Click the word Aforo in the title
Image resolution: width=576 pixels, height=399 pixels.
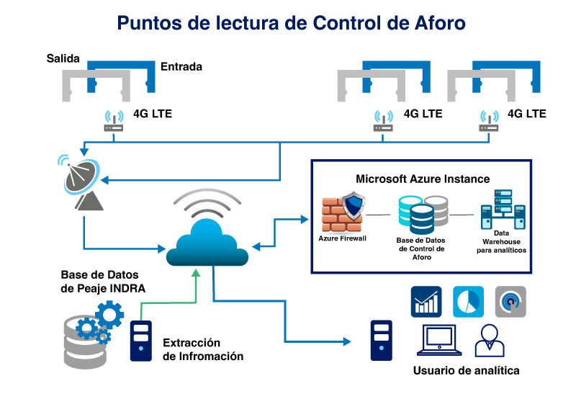[440, 23]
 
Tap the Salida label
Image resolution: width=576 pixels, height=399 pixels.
[63, 58]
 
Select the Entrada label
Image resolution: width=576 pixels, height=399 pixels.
[181, 66]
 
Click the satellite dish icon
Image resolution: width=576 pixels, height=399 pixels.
[80, 182]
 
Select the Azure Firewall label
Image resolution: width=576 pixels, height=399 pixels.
[343, 238]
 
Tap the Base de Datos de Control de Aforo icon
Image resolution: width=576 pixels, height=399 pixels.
[423, 215]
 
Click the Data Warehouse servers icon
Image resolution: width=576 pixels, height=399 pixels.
[503, 209]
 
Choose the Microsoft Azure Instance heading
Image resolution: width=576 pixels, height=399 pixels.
[423, 179]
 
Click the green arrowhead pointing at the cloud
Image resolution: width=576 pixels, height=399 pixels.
[196, 273]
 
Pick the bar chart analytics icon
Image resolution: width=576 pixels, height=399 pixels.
[426, 302]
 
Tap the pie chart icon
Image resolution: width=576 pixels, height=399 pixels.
[469, 302]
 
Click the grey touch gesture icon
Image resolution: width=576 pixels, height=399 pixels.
[510, 302]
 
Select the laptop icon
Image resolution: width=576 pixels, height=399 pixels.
[439, 340]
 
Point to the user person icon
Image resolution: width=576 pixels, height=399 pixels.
[490, 341]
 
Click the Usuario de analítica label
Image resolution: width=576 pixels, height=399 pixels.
[466, 370]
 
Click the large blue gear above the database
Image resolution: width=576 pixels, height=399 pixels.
[109, 315]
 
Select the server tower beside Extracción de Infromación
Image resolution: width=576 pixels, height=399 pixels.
[141, 341]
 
